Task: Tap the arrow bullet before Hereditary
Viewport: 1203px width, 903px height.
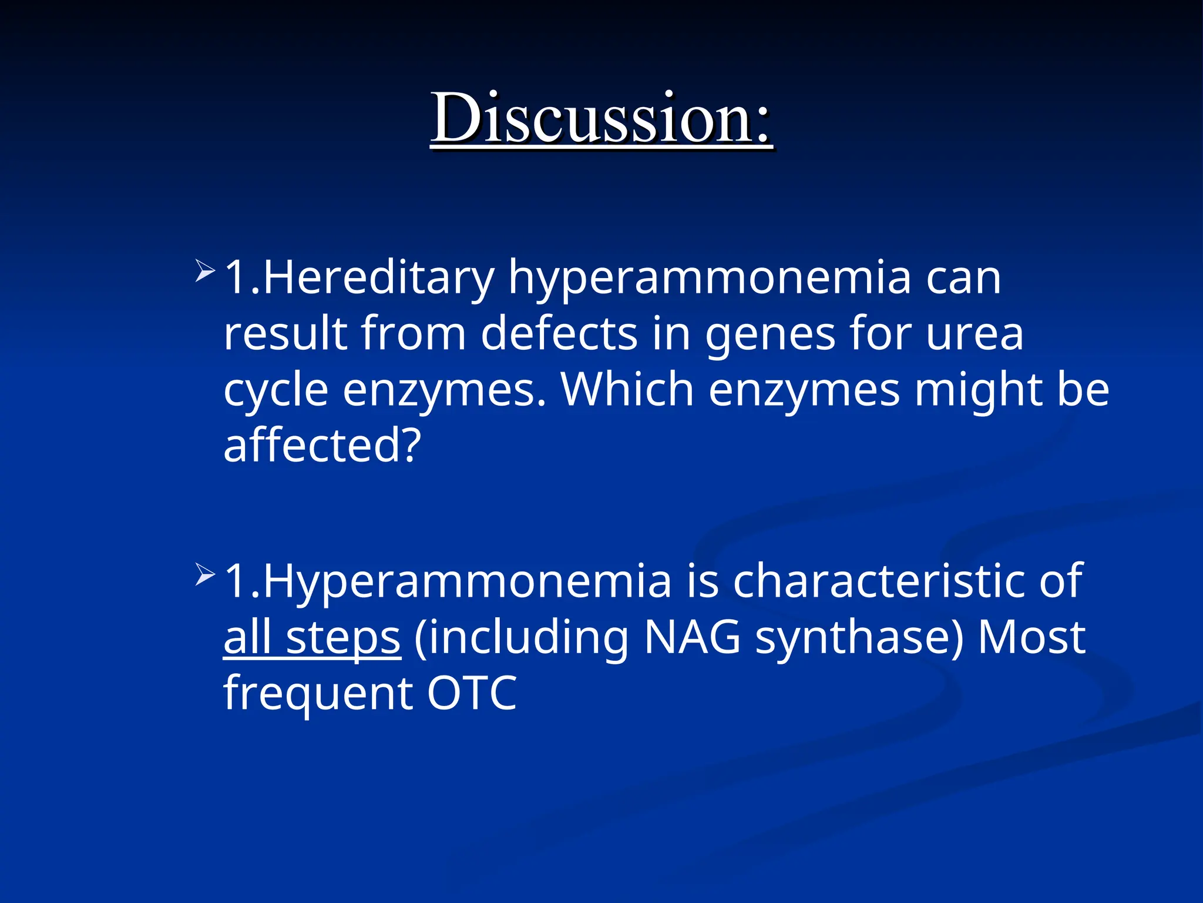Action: pyautogui.click(x=205, y=271)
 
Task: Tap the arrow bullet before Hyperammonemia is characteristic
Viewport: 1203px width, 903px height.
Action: pyautogui.click(x=205, y=574)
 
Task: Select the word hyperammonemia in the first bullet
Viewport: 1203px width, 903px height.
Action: pyautogui.click(x=710, y=279)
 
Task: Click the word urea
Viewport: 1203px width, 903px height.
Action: pyautogui.click(x=975, y=334)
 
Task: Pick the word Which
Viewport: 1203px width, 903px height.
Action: pyautogui.click(x=627, y=389)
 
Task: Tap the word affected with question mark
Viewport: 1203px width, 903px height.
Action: pyautogui.click(x=322, y=446)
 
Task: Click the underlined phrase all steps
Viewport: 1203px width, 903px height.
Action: pyautogui.click(x=312, y=638)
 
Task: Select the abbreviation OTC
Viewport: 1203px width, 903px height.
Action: pyautogui.click(x=472, y=693)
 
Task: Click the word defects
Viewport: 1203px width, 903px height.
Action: pyautogui.click(x=559, y=334)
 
